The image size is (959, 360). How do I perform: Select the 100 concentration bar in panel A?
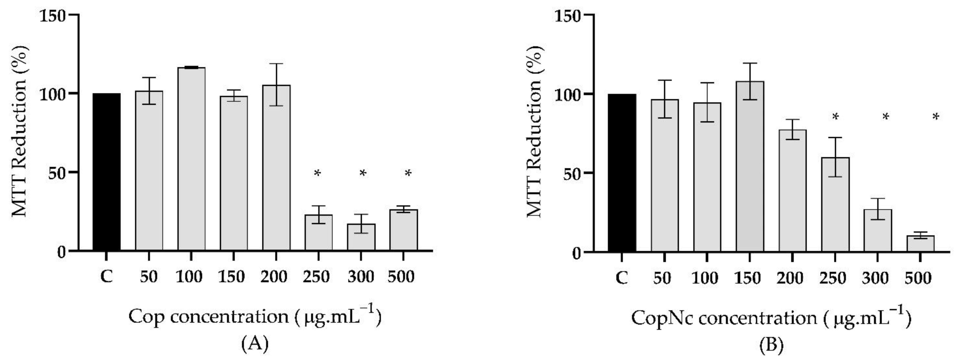coord(191,158)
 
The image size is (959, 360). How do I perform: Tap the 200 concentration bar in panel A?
coord(276,168)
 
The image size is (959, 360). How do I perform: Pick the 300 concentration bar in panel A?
coord(361,237)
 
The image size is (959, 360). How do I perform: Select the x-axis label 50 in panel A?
coord(148,277)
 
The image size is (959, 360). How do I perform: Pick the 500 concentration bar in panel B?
coord(920,244)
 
